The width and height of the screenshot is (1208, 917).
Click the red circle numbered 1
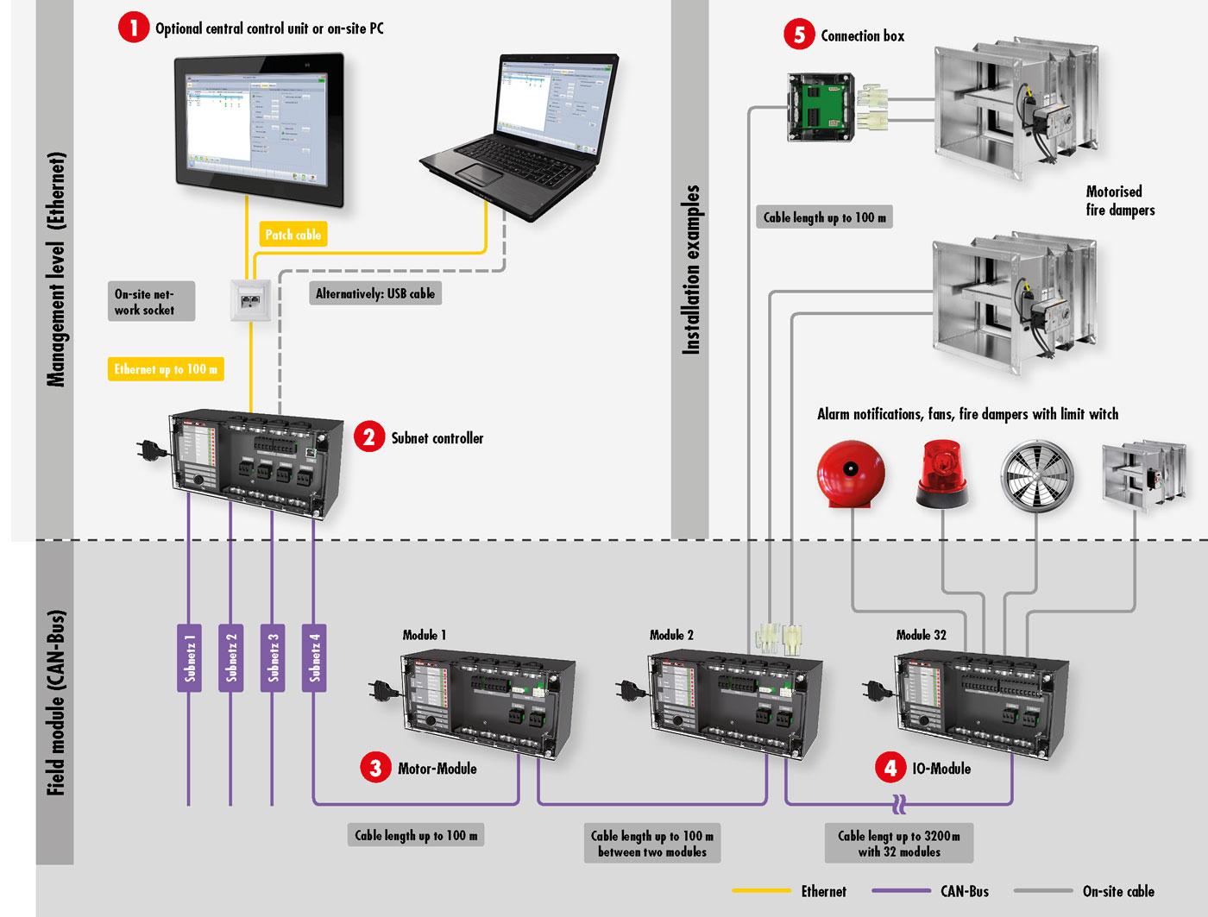pyautogui.click(x=134, y=28)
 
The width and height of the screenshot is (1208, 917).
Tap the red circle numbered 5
pyautogui.click(x=799, y=35)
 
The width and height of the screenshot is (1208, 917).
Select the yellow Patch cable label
pyautogui.click(x=293, y=235)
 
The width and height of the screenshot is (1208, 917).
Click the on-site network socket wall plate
pyautogui.click(x=251, y=300)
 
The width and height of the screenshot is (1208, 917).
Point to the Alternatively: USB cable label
pyautogui.click(x=375, y=293)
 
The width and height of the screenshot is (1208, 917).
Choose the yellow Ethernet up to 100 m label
pyautogui.click(x=166, y=369)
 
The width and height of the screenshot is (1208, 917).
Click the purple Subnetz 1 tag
pyautogui.click(x=189, y=657)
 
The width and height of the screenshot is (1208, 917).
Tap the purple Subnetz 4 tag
pyautogui.click(x=314, y=657)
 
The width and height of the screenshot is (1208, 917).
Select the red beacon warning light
pyautogui.click(x=941, y=474)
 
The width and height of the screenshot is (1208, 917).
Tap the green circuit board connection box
pyautogui.click(x=820, y=107)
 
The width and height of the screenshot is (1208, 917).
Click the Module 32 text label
pyautogui.click(x=921, y=635)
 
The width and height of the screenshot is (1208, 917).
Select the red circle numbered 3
pyautogui.click(x=375, y=768)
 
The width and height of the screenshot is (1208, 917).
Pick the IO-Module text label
pyautogui.click(x=941, y=769)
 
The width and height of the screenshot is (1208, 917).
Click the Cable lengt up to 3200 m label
pyautogui.click(x=899, y=844)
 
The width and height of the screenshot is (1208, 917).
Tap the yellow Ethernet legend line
pyautogui.click(x=761, y=890)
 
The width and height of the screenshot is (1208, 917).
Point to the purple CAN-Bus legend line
pyautogui.click(x=901, y=890)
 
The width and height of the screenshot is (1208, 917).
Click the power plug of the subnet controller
pyautogui.click(x=152, y=449)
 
